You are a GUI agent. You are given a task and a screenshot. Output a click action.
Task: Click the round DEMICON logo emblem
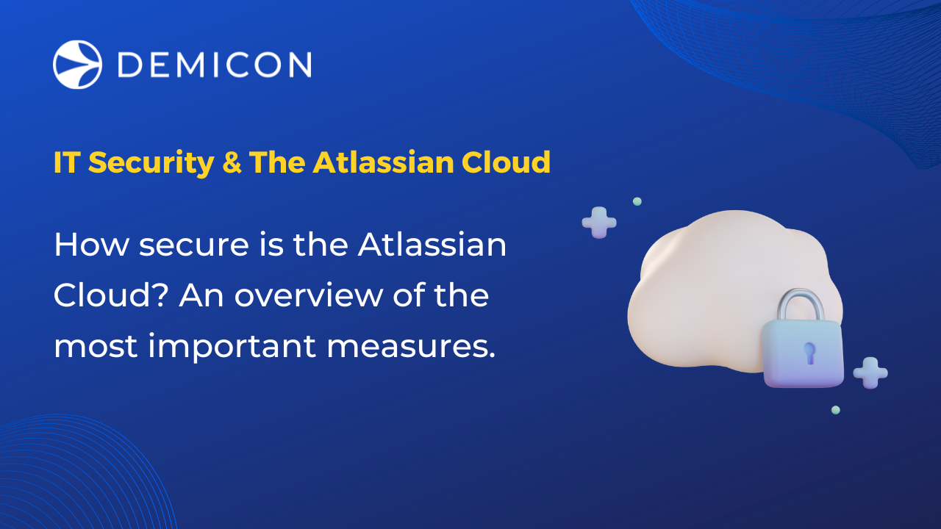click(x=77, y=65)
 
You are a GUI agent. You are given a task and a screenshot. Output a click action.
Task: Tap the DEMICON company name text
click(x=214, y=65)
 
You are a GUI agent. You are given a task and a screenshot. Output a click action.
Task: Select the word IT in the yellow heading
click(x=65, y=162)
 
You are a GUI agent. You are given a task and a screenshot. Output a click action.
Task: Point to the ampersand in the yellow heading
click(x=232, y=162)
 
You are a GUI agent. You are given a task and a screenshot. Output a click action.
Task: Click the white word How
click(x=92, y=245)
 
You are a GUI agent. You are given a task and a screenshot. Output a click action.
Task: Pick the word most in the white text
click(x=96, y=346)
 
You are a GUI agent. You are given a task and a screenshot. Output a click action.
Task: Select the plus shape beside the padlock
click(x=870, y=373)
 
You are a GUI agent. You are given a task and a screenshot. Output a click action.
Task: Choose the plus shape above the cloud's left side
click(x=599, y=222)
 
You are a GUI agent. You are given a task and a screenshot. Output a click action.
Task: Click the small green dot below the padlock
click(x=836, y=410)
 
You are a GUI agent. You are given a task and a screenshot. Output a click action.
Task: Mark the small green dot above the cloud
click(x=637, y=201)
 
